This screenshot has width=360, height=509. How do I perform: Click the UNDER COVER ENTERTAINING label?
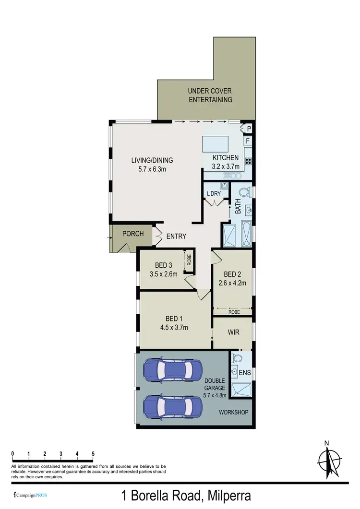point(210,95)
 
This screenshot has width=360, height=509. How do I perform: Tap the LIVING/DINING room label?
point(152,165)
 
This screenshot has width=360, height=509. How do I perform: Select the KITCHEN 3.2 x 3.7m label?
point(225,162)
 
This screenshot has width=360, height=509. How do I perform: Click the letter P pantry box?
point(249,129)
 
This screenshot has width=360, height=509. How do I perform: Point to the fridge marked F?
point(248,142)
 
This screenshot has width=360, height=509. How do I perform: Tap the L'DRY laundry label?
point(214,193)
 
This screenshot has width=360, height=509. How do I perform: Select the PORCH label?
point(133,234)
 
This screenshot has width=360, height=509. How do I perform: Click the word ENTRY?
point(176,237)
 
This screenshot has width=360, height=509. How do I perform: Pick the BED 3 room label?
point(164,270)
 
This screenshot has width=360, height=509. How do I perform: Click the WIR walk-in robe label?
point(233,332)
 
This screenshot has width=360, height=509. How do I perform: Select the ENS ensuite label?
point(245,372)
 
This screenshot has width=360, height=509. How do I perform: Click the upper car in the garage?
point(171,369)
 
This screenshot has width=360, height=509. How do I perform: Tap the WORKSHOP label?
point(233,413)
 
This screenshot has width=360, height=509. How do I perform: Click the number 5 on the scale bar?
point(93,453)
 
